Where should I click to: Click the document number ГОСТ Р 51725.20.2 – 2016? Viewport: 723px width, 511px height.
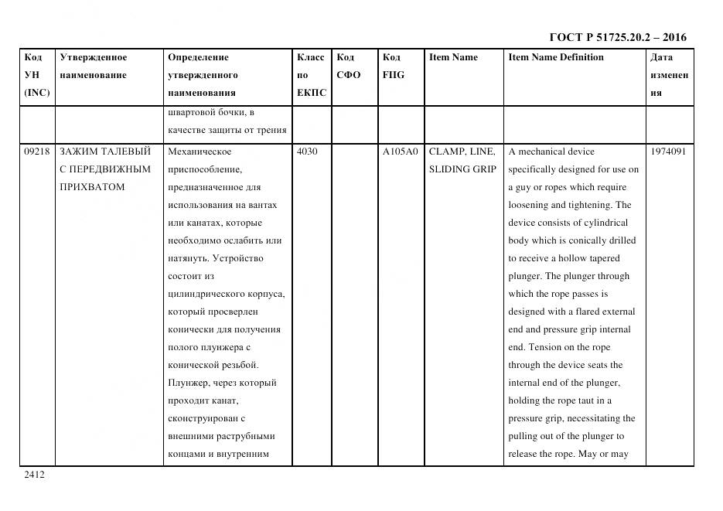(x=617, y=37)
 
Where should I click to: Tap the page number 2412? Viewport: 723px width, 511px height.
(x=34, y=475)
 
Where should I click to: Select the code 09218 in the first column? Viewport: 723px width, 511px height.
(x=36, y=152)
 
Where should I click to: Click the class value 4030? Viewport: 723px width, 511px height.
(x=307, y=152)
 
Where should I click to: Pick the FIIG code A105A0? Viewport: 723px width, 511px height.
(x=400, y=152)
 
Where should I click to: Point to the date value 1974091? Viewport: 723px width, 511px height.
(x=668, y=152)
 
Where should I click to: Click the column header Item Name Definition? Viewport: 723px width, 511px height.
(x=556, y=57)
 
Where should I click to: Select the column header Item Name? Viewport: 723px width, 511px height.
(x=453, y=57)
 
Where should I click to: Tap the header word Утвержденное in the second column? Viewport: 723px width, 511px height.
(x=93, y=57)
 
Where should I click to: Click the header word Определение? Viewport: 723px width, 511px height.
(x=198, y=57)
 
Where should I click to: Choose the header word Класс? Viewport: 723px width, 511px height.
(x=311, y=57)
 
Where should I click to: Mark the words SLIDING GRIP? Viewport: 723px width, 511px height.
(x=462, y=169)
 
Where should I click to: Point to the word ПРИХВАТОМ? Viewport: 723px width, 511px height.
(x=91, y=187)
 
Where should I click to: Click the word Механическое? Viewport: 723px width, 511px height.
(x=200, y=152)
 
